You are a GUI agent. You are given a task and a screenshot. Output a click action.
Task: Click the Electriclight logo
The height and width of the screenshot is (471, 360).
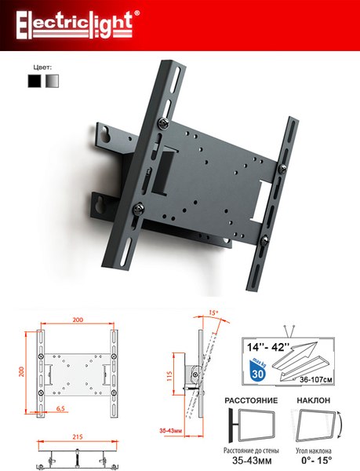[78, 25]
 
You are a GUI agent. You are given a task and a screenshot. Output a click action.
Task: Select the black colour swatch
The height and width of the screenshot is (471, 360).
[35, 81]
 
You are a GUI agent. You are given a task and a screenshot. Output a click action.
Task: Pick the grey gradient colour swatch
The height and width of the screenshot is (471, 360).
[52, 81]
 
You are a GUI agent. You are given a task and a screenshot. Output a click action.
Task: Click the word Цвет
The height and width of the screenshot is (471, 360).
[42, 67]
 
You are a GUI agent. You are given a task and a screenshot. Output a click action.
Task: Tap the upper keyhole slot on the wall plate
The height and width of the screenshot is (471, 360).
[105, 133]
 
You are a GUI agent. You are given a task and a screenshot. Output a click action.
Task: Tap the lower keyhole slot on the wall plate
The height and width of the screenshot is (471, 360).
[99, 206]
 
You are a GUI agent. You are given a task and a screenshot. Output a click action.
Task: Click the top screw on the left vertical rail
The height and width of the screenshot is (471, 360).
[163, 123]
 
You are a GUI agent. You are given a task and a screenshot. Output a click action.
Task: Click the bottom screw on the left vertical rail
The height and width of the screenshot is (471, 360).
[138, 209]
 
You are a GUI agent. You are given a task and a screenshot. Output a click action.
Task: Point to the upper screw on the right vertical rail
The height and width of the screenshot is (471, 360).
[282, 169]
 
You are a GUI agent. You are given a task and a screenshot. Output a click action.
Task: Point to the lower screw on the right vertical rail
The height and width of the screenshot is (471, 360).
[264, 241]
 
